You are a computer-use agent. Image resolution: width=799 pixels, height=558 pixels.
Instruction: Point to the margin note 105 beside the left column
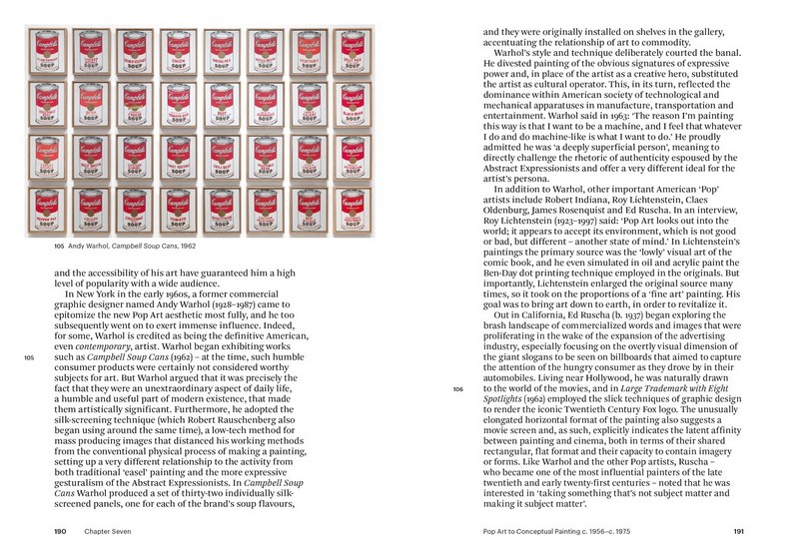coord(29,356)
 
